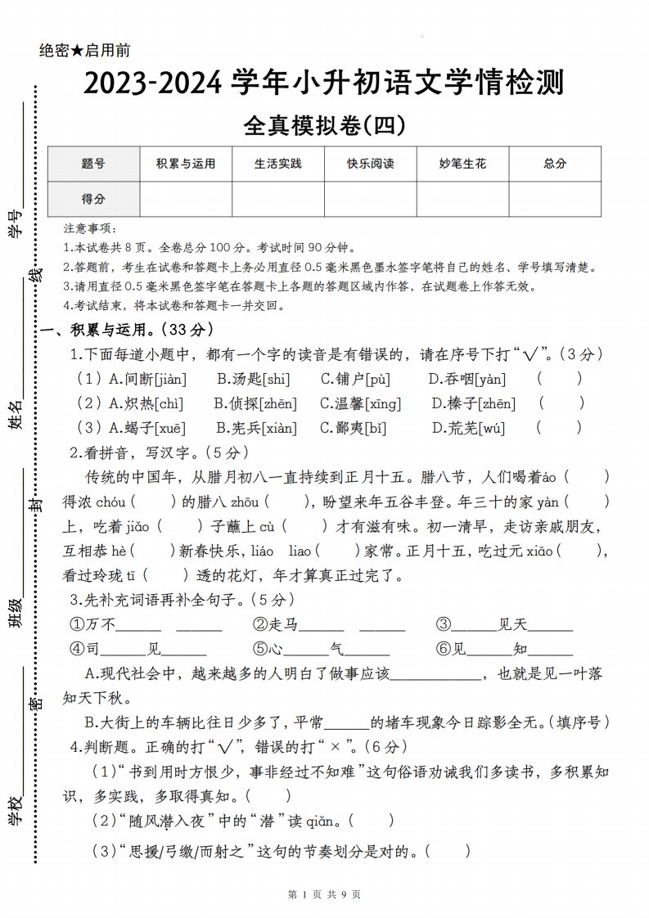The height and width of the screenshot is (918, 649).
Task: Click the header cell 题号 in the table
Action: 93,164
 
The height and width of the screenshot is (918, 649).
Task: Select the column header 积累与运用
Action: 186,164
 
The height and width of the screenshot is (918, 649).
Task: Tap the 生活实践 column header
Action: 278,164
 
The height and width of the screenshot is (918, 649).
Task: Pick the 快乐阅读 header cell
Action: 371,164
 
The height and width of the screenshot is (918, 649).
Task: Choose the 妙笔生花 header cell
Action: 463,164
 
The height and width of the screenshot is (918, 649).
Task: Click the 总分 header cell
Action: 555,164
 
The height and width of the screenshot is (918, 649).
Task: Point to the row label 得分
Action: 93,199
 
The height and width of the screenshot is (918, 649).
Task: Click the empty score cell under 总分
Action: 555,199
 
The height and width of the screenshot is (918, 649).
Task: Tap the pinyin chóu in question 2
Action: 110,502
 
